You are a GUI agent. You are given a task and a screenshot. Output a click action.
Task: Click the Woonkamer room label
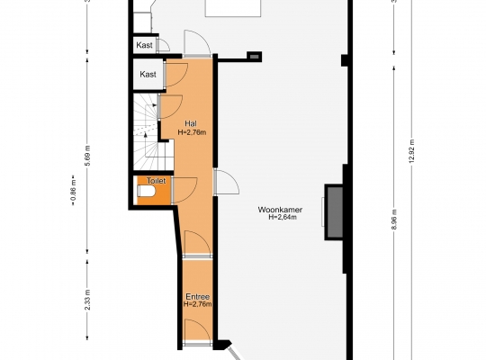pos(280,210)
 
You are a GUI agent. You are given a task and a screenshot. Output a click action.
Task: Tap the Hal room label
pos(191,123)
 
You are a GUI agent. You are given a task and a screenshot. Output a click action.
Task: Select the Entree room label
pos(197,297)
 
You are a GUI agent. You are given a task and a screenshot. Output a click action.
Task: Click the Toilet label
pos(156,181)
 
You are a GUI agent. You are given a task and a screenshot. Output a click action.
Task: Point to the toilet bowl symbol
pos(146,191)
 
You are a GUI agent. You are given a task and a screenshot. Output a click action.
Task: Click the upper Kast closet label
pos(144,45)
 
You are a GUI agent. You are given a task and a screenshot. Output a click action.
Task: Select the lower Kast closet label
pos(148,75)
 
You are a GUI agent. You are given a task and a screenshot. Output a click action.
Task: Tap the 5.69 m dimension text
pos(87,156)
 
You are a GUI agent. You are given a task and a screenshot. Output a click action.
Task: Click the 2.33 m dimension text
pos(87,300)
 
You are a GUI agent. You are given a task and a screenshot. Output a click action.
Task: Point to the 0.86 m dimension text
pos(73,191)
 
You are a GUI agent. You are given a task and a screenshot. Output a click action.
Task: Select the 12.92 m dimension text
pos(411,151)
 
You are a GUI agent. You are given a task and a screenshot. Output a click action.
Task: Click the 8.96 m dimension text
pos(394,220)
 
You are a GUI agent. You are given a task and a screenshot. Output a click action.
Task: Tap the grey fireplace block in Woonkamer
pos(335,212)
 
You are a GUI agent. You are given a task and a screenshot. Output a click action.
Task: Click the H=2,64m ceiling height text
pos(283,217)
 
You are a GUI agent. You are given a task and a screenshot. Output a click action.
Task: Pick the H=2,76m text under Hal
pos(192,132)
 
